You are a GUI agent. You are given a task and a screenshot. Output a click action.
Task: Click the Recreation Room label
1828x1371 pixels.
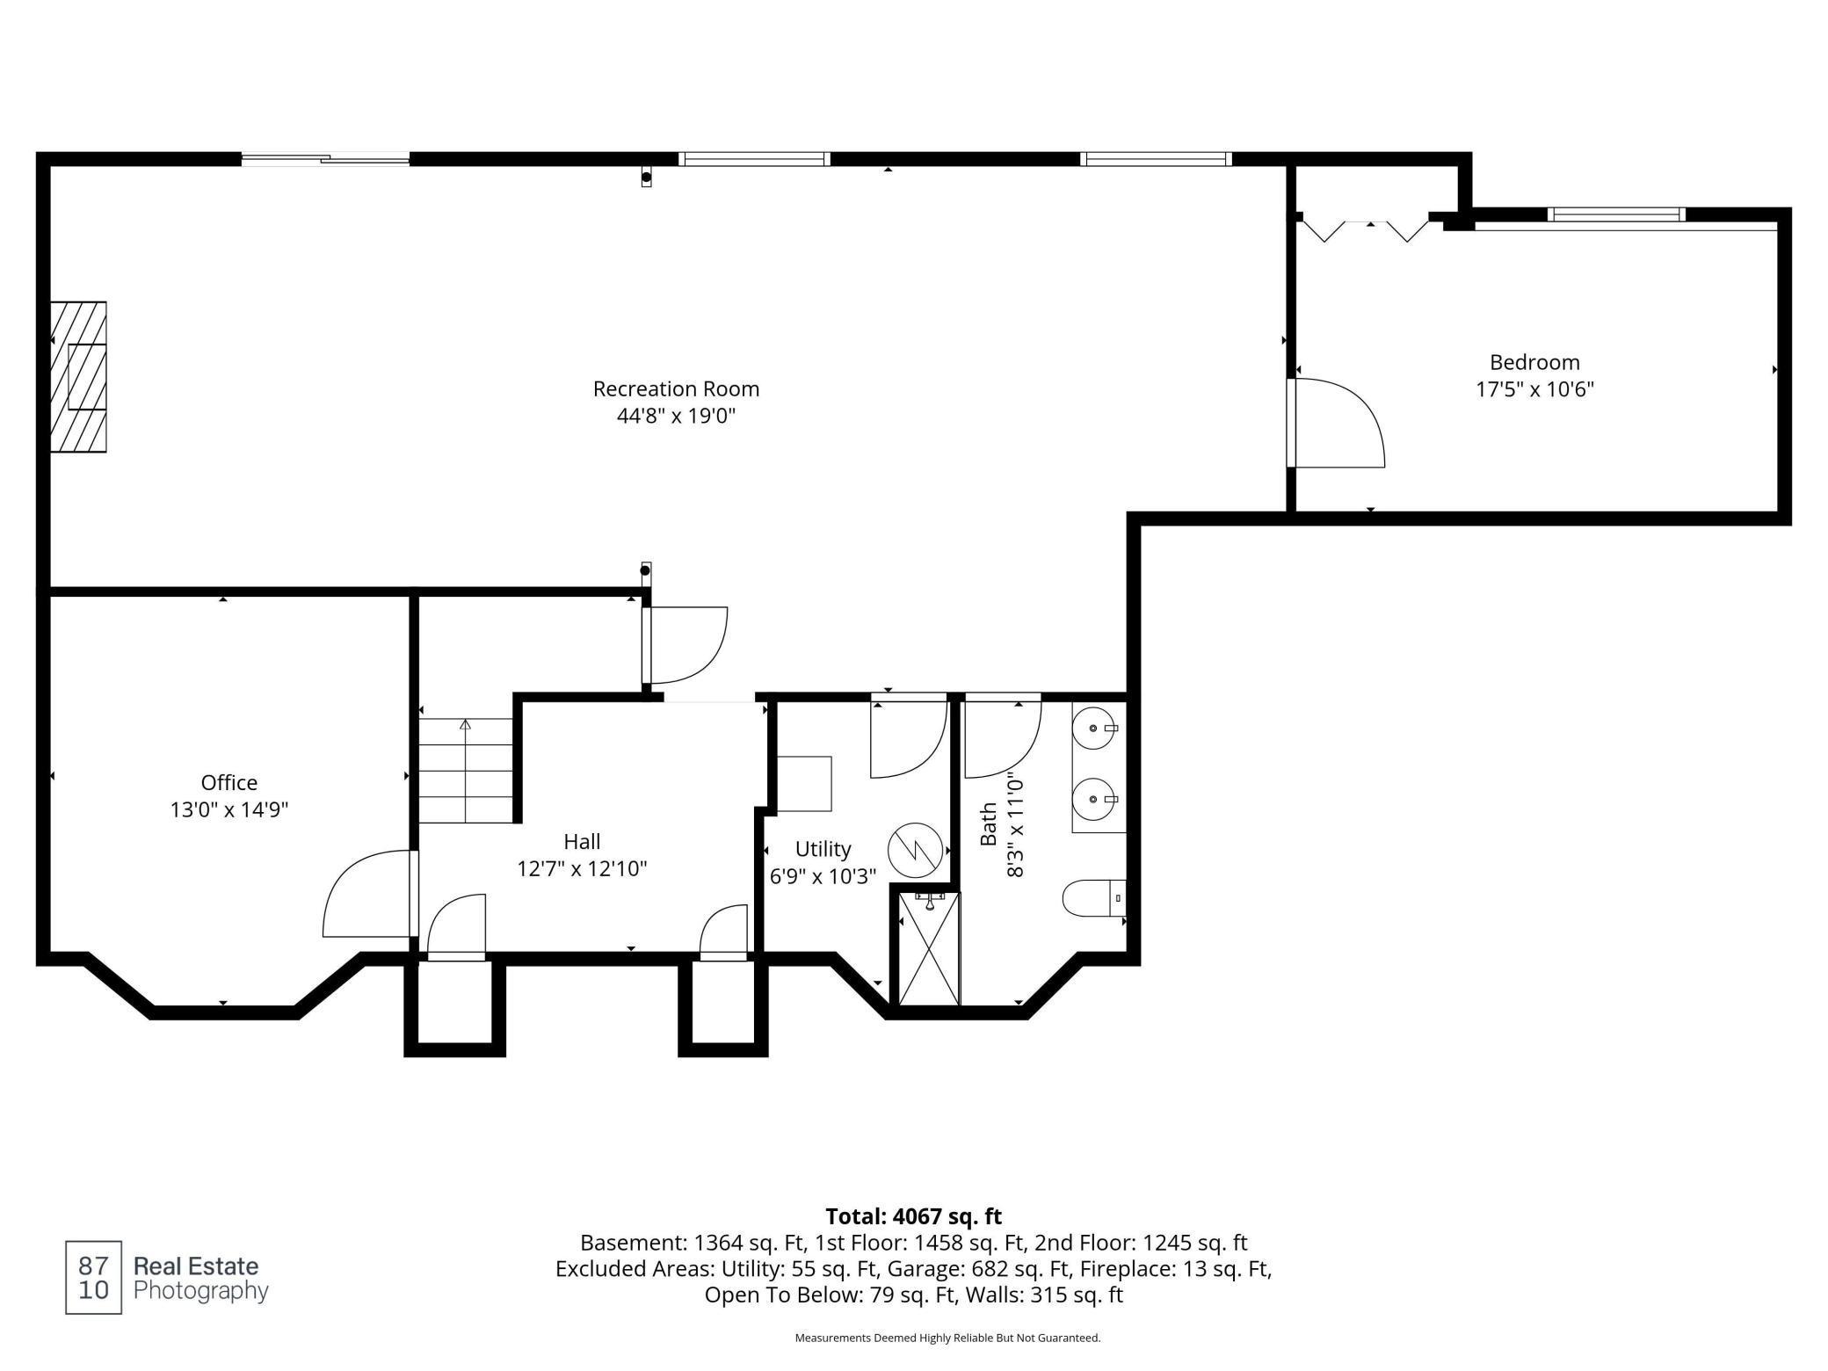tap(676, 388)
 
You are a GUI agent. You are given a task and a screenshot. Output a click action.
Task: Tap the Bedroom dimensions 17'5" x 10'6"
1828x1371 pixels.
tap(1534, 389)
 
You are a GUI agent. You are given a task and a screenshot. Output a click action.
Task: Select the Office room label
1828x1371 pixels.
tap(229, 782)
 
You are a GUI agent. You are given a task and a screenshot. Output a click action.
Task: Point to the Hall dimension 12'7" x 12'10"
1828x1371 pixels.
tap(582, 869)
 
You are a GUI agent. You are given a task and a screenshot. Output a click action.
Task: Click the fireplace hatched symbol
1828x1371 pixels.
tap(79, 377)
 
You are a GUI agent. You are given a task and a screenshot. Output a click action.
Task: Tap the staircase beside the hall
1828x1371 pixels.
tap(465, 771)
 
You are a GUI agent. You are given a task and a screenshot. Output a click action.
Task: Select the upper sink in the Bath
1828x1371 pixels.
tap(1095, 729)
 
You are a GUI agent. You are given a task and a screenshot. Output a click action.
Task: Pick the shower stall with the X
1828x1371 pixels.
tap(928, 948)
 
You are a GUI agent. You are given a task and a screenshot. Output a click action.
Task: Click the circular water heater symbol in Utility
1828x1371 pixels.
tap(914, 850)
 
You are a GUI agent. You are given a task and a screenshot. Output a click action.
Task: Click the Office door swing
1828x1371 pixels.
tap(367, 895)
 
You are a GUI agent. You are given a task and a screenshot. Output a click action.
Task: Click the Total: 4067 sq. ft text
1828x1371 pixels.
tap(913, 1216)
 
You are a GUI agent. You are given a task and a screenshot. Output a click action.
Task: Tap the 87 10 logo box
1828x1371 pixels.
tap(93, 1278)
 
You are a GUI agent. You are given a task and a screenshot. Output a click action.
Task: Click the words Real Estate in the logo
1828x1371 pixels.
tap(196, 1266)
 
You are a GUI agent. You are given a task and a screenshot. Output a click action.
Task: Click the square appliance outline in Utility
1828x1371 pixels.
tap(804, 783)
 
